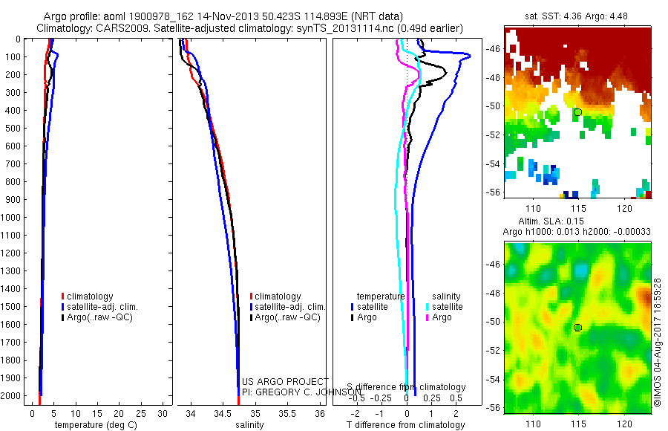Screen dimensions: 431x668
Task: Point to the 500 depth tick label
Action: coord(12,129)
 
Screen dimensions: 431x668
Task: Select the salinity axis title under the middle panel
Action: coord(249,425)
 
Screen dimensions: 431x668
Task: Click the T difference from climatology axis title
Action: coord(405,425)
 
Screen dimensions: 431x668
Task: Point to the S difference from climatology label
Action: coord(406,387)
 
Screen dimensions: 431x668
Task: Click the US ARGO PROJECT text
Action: coord(284,381)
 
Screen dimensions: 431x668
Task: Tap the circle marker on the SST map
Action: coord(577,112)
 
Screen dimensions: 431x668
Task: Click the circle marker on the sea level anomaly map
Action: coord(577,328)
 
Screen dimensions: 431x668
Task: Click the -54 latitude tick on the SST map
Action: coord(493,163)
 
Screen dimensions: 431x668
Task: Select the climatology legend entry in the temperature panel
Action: coord(90,296)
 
